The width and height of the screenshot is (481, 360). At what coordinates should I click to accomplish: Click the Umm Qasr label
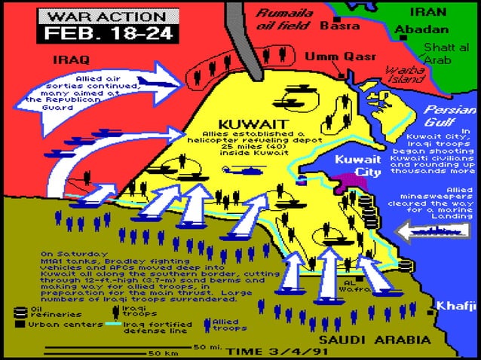[x=329, y=56]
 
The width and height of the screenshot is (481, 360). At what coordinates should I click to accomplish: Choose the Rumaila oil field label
[x=284, y=19]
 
